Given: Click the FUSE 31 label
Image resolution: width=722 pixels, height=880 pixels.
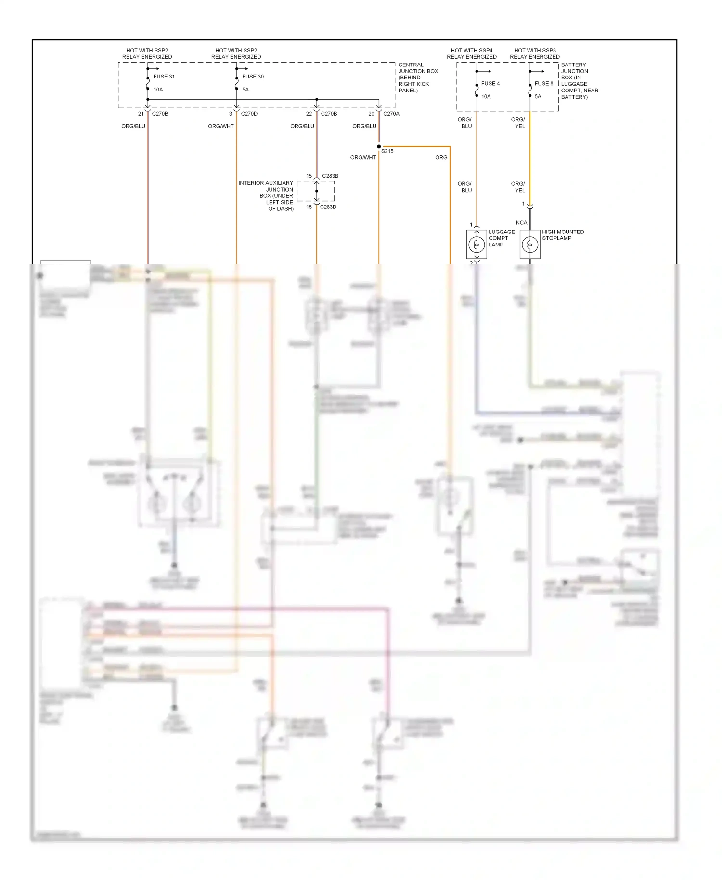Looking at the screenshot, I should pyautogui.click(x=164, y=77).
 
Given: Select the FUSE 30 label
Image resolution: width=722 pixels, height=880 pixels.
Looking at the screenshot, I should pyautogui.click(x=253, y=77).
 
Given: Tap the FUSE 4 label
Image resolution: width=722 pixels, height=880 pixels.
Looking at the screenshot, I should pyautogui.click(x=490, y=84).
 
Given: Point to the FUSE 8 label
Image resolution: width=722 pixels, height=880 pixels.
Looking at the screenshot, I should pyautogui.click(x=544, y=84).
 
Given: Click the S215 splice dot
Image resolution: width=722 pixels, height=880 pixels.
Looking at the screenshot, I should pyautogui.click(x=379, y=146).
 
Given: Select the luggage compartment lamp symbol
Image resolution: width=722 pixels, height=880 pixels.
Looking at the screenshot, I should pyautogui.click(x=477, y=245).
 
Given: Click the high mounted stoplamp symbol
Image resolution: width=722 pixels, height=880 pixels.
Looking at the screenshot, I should pyautogui.click(x=530, y=245).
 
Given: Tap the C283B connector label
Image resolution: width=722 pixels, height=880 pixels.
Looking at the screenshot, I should pyautogui.click(x=330, y=176).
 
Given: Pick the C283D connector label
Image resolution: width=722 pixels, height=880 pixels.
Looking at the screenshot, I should pyautogui.click(x=328, y=207).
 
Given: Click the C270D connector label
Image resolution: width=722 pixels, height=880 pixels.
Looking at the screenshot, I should pyautogui.click(x=249, y=114).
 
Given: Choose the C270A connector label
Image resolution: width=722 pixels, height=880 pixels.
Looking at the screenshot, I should pyautogui.click(x=391, y=114).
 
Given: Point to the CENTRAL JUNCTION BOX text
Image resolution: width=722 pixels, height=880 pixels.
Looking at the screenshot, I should pyautogui.click(x=418, y=78).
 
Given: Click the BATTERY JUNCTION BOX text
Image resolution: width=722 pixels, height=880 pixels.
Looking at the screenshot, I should pyautogui.click(x=579, y=80).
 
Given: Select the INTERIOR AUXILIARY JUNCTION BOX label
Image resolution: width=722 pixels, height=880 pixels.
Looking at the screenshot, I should pyautogui.click(x=266, y=196).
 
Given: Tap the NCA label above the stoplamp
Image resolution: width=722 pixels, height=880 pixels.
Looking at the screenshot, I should pyautogui.click(x=521, y=223).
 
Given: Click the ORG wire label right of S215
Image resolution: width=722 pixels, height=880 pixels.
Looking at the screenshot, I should pyautogui.click(x=441, y=157).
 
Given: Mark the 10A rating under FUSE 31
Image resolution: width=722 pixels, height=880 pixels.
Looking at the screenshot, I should pyautogui.click(x=158, y=90).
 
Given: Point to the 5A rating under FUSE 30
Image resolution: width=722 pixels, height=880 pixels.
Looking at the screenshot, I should pyautogui.click(x=245, y=90).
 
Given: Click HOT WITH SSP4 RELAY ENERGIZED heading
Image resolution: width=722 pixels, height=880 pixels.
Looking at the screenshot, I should pyautogui.click(x=471, y=53).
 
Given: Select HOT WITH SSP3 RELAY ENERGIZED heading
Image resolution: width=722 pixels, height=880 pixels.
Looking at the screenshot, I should pyautogui.click(x=535, y=53).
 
